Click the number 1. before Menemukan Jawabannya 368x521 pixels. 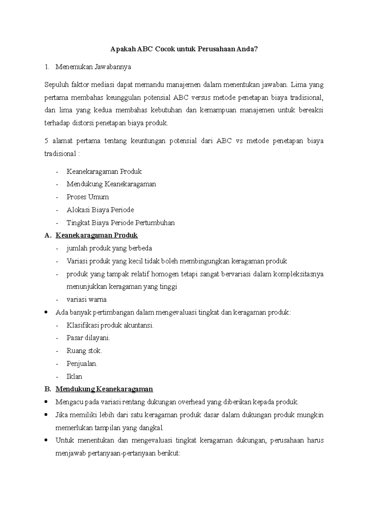47,67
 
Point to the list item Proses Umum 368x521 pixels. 88,197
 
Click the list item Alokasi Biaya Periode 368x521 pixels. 100,210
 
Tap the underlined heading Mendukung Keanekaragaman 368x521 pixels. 104,389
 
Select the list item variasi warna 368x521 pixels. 86,299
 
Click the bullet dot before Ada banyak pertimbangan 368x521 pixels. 46,312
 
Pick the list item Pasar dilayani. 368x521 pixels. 88,338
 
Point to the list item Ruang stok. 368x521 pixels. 84,351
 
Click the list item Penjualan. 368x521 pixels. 82,364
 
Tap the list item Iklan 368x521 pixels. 74,376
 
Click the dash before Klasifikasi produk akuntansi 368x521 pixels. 57,325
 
